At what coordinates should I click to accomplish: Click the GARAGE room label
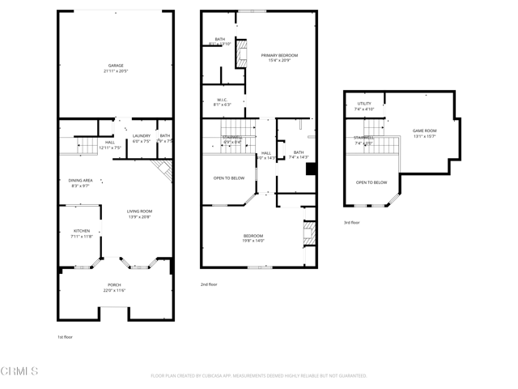pos(116,66)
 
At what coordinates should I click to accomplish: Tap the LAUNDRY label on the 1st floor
pos(142,135)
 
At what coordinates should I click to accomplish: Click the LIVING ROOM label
pos(140,212)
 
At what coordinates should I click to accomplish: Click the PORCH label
pos(114,285)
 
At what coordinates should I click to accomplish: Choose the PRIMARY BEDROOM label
pos(279,55)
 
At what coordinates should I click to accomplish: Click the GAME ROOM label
pos(424,130)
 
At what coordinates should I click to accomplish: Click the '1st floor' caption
pos(65,336)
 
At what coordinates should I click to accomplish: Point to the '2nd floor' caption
pos(209,284)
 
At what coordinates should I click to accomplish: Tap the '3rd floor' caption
pos(351,222)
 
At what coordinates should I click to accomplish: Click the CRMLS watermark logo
pos(19,372)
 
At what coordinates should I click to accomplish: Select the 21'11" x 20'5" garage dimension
pos(116,71)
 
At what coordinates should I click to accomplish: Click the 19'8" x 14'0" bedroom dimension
pos(253,241)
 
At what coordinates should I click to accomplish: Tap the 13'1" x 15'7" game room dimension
pos(424,136)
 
